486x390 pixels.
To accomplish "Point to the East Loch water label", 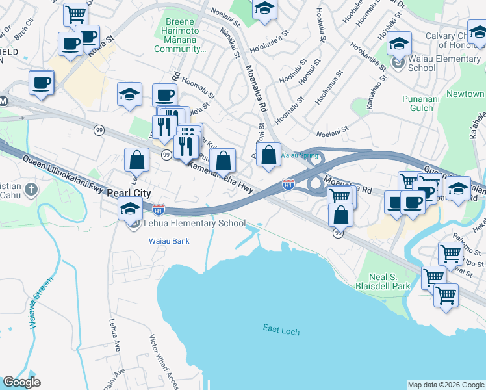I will pyautogui.click(x=281, y=331).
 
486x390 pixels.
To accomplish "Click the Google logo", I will pyautogui.click(x=21, y=382).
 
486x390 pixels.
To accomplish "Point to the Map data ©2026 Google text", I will pyautogui.click(x=445, y=385).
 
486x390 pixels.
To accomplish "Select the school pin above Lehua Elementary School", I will pyautogui.click(x=130, y=209).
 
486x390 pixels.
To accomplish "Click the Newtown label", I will pyautogui.click(x=465, y=94).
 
